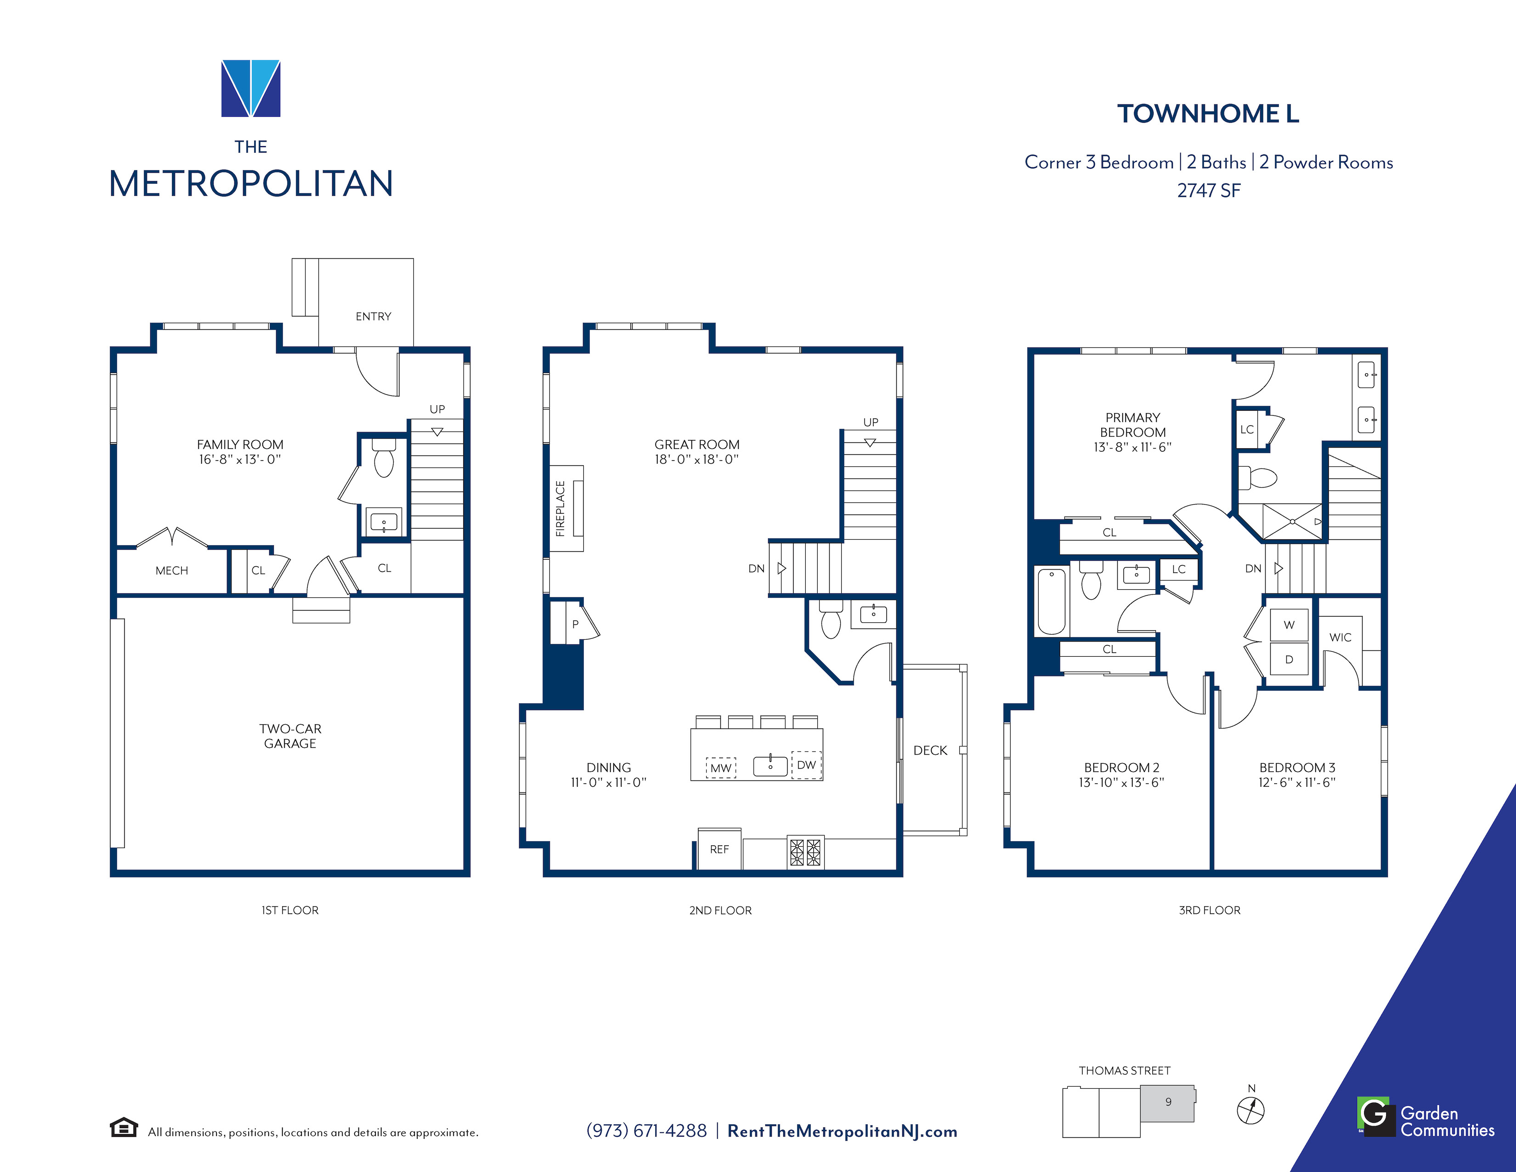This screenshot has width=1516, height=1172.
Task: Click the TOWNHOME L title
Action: [1208, 114]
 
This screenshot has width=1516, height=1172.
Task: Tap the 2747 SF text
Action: [1209, 190]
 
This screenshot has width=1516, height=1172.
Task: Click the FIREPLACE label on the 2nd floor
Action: [560, 508]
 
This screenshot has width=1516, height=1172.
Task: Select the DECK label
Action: [930, 751]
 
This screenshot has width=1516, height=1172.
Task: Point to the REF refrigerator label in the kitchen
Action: [719, 849]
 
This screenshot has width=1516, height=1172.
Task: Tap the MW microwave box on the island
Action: [721, 768]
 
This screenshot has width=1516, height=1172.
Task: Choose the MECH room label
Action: [171, 571]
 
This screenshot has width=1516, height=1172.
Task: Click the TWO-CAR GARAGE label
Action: [290, 736]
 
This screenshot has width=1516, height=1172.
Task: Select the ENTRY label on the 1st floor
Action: [373, 317]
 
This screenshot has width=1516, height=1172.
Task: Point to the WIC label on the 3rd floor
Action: [1341, 637]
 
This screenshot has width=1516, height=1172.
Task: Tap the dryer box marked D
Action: [1289, 659]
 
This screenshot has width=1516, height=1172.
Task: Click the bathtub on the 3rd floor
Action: [1052, 601]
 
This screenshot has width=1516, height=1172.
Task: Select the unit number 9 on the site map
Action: [1168, 1102]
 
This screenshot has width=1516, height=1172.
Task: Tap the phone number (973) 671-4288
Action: [646, 1131]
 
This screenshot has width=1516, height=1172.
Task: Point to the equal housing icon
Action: [124, 1127]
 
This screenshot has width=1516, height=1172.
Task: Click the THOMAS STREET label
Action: [1125, 1070]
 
